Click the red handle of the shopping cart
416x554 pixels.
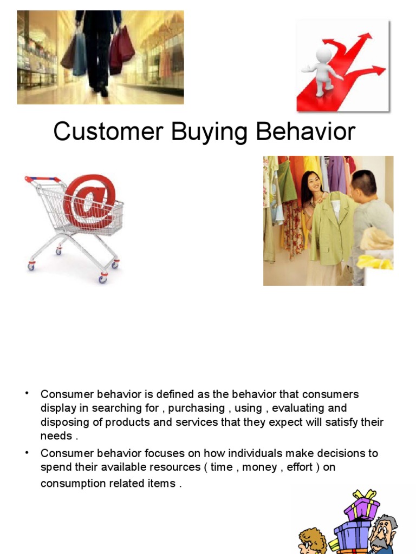(42, 179)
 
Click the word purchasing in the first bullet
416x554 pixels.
(196, 408)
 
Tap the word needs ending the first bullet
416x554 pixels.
(56, 436)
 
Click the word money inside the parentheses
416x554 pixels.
(259, 467)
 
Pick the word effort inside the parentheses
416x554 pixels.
(300, 467)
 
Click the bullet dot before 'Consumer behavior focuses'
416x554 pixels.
(27, 452)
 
